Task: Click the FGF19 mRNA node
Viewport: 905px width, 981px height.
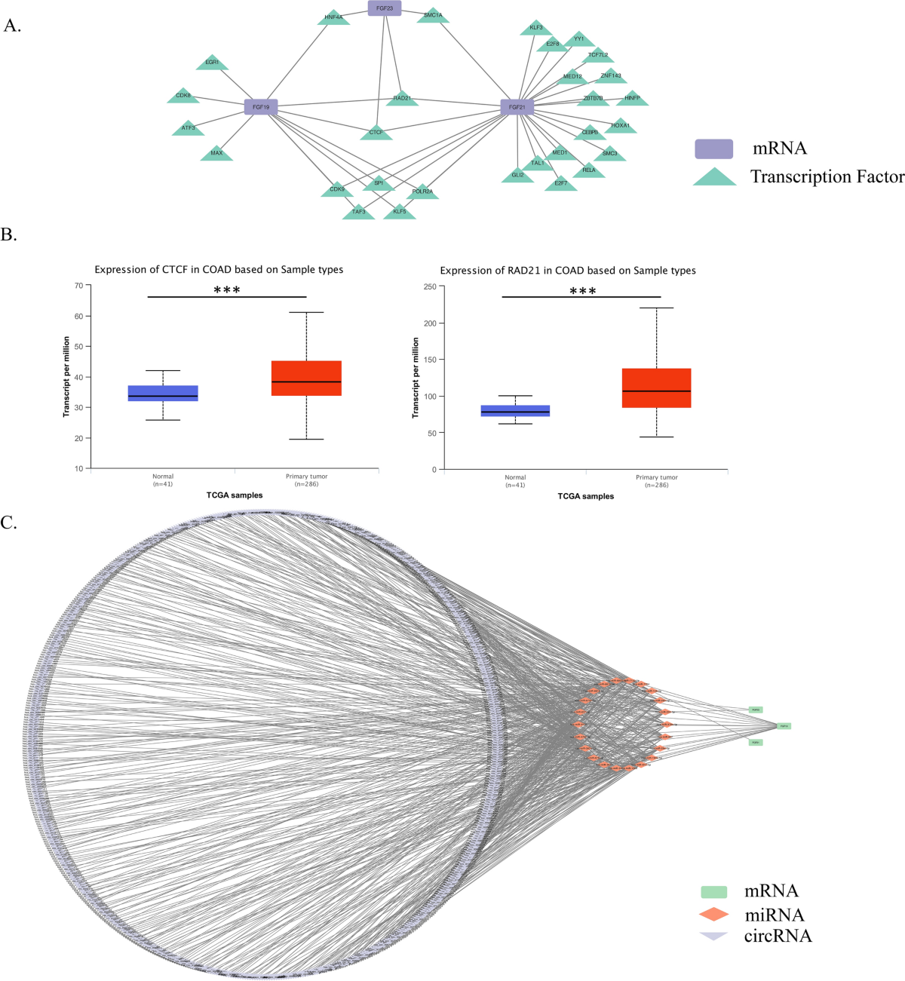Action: pos(261,107)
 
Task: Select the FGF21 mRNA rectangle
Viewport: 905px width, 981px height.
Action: pos(517,107)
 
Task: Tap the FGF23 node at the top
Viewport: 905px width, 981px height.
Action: pos(384,8)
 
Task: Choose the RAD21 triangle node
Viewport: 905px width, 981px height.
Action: pos(402,98)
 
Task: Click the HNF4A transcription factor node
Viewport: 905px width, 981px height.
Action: pos(333,17)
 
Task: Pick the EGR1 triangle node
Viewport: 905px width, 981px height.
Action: pos(212,63)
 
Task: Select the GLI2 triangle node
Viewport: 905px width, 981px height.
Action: pos(517,175)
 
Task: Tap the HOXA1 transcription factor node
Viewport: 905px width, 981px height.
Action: pos(620,126)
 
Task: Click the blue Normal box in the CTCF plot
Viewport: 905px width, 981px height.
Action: pos(163,393)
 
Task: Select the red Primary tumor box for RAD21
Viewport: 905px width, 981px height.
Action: pos(656,388)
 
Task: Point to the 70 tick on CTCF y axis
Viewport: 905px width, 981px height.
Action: pos(78,286)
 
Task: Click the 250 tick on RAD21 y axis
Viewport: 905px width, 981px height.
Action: pos(429,287)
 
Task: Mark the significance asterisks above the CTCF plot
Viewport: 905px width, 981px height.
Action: pos(227,290)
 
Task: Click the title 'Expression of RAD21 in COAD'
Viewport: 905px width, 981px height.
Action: pos(568,270)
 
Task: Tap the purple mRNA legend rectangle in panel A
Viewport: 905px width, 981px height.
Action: pos(713,149)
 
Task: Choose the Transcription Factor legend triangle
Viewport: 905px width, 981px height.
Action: pos(714,177)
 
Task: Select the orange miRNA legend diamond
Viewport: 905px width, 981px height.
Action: pos(713,915)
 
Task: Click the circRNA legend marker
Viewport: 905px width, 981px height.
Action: pos(713,936)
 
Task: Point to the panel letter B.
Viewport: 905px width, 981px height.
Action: pos(9,235)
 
